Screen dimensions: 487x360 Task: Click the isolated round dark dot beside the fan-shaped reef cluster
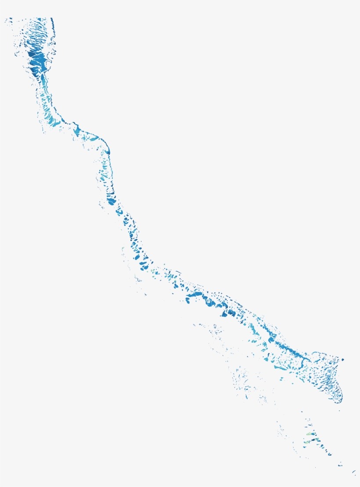click(343, 360)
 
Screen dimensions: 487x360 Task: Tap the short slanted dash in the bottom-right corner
click(354, 472)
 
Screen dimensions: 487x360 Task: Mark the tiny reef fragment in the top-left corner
click(6, 19)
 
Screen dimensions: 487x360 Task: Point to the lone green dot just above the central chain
click(164, 265)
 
